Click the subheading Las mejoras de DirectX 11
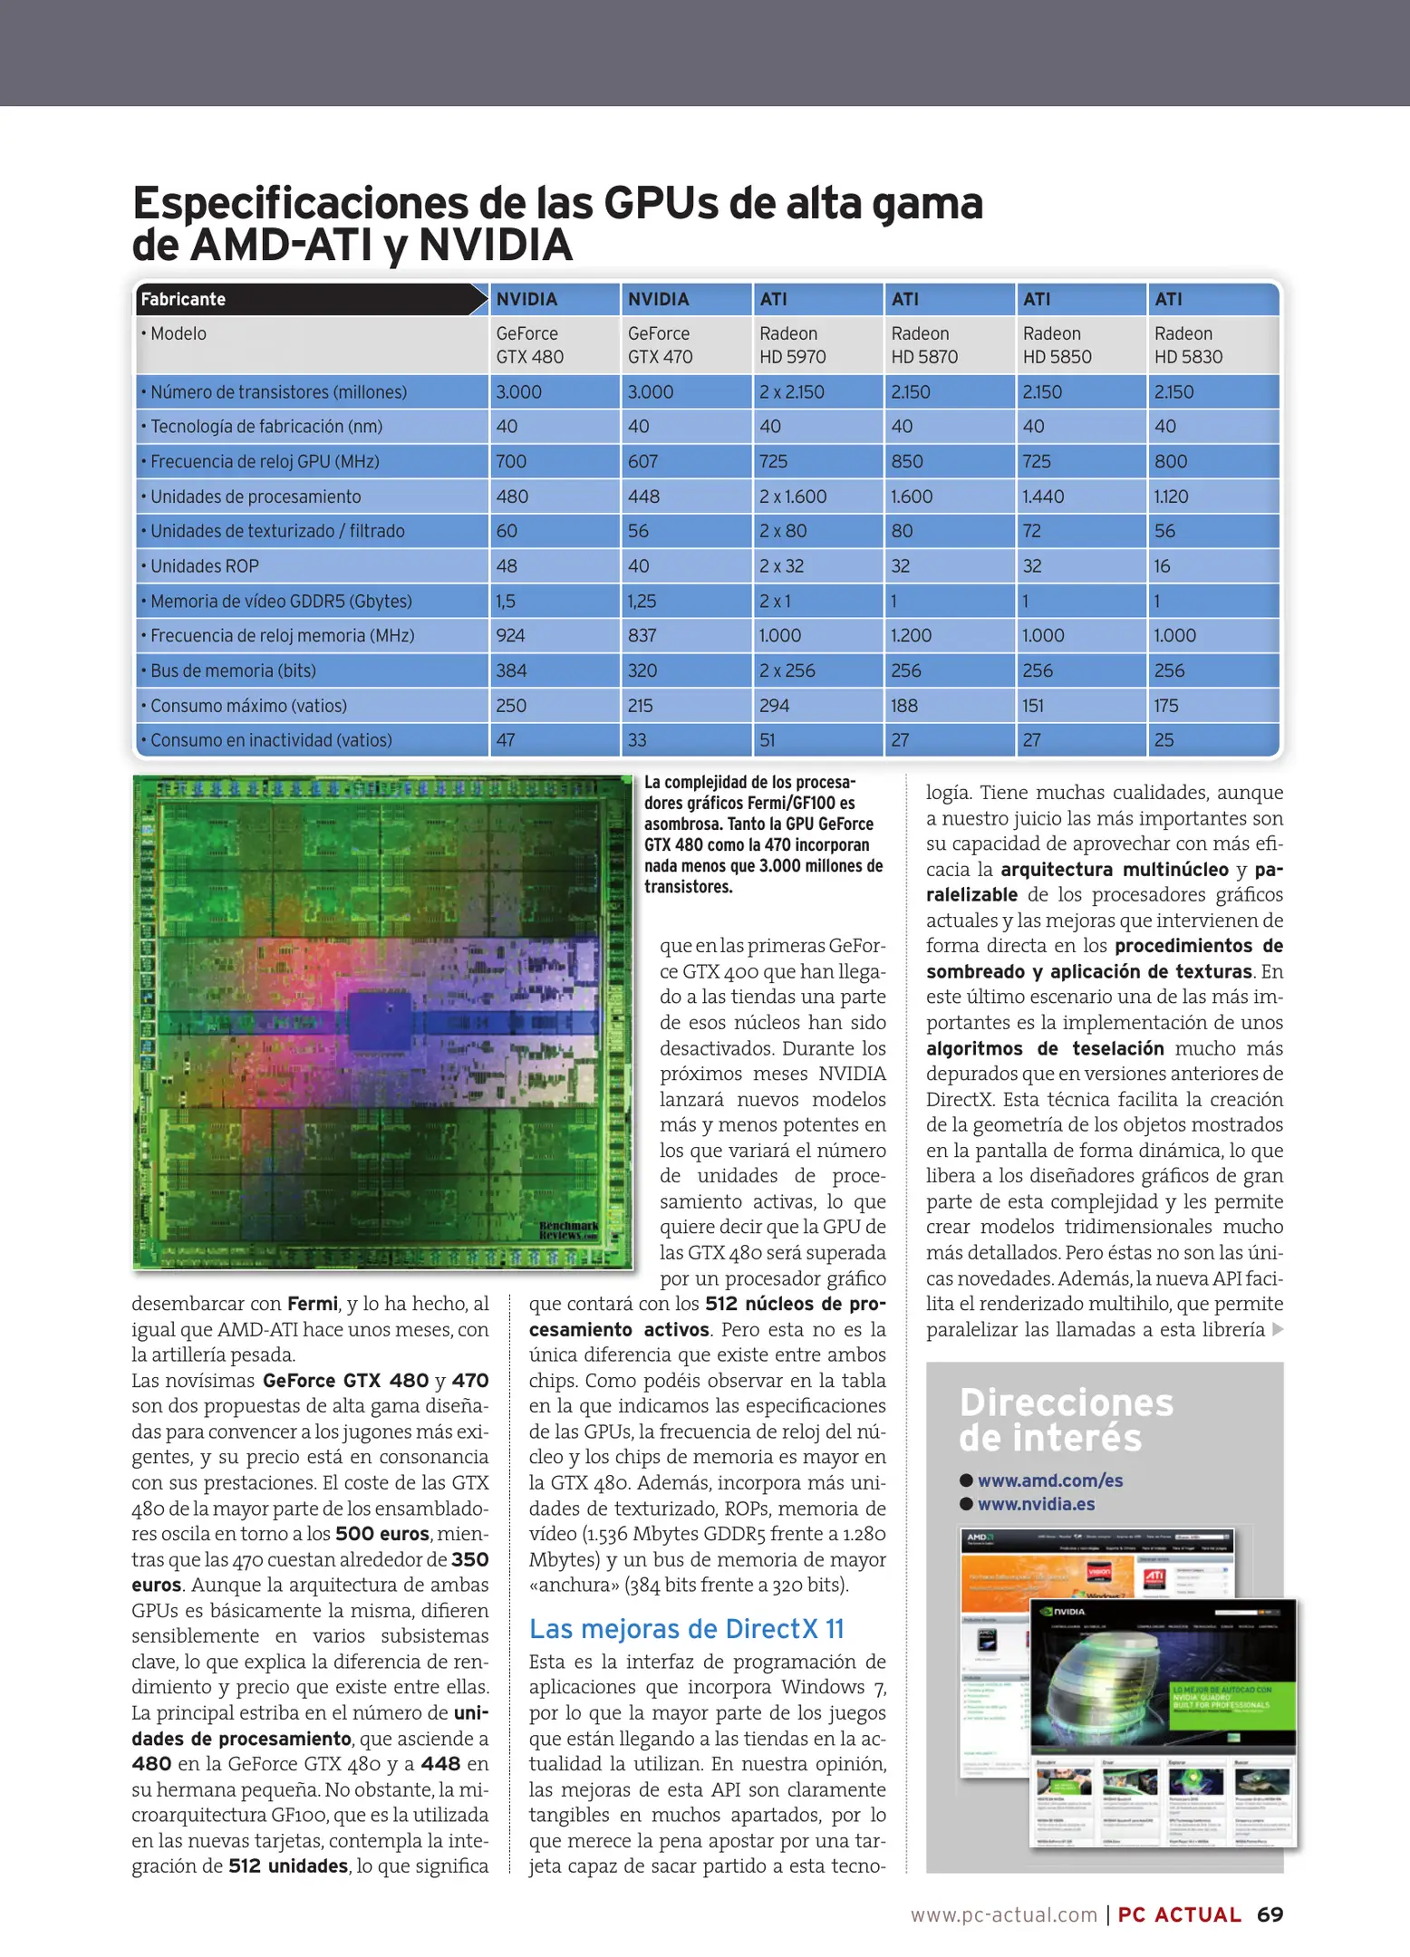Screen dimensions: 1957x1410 [686, 1629]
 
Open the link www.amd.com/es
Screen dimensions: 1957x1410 [1049, 1480]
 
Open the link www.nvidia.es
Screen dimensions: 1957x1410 [1036, 1504]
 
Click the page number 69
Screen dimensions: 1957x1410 [1270, 1914]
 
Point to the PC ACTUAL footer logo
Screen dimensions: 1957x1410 [1179, 1914]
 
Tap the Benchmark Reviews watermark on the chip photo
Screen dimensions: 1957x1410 [568, 1230]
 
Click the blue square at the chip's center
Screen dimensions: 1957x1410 [380, 1022]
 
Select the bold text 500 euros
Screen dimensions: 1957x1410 [381, 1534]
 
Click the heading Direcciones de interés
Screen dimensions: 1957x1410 [1066, 1420]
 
